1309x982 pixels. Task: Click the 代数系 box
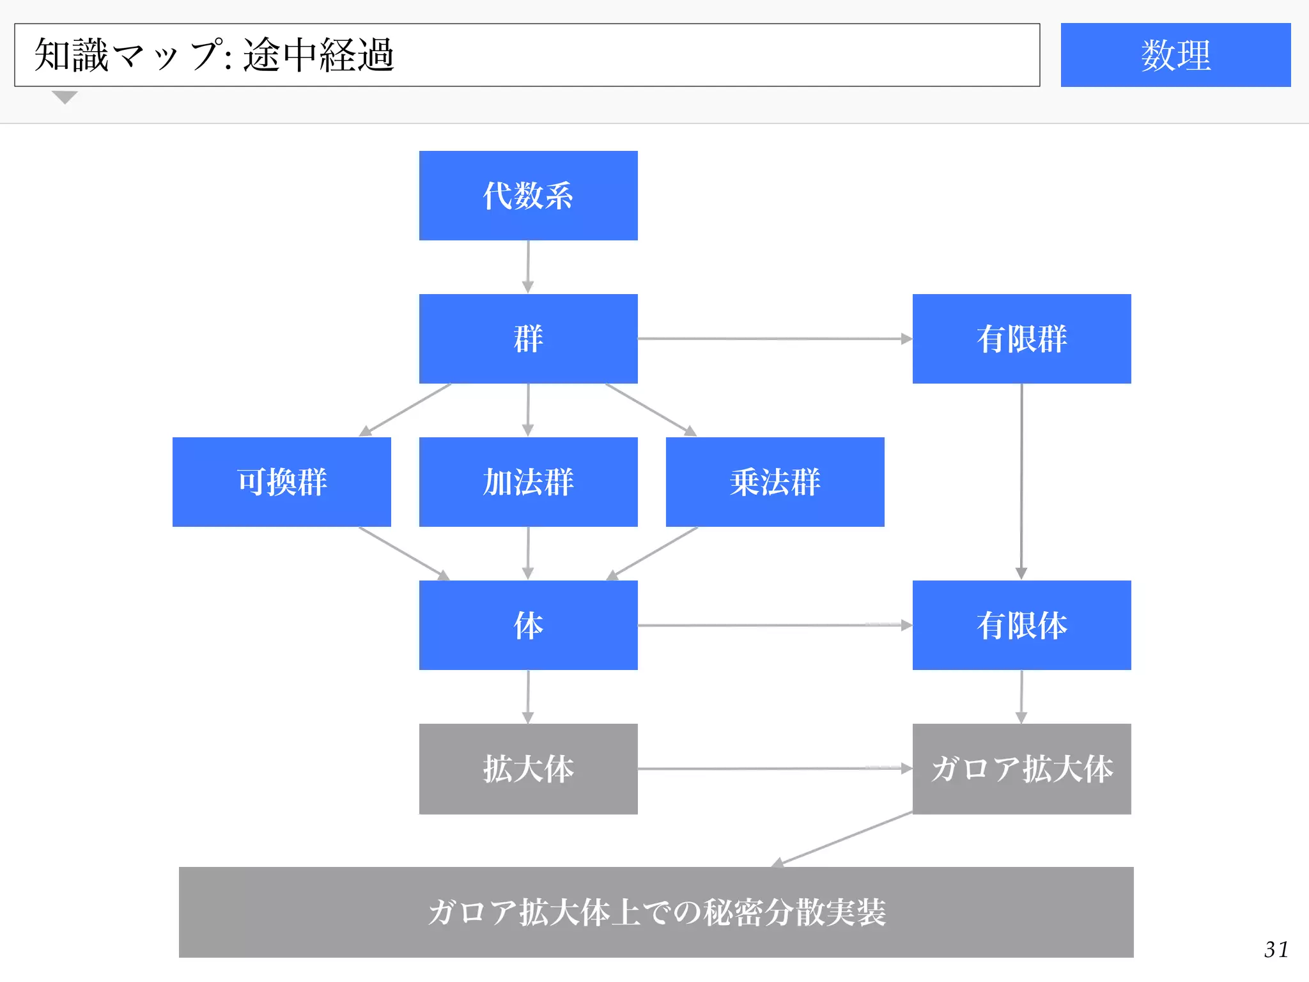pyautogui.click(x=528, y=196)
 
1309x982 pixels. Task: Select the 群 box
pyautogui.click(x=528, y=339)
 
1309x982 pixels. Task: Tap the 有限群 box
pyautogui.click(x=1021, y=339)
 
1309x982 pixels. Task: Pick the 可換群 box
pyautogui.click(x=281, y=482)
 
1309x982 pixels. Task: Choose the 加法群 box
pyautogui.click(x=528, y=482)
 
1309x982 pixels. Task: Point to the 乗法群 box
pyautogui.click(x=775, y=482)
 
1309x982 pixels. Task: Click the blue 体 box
pyautogui.click(x=528, y=625)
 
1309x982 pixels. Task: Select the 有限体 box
pyautogui.click(x=1021, y=625)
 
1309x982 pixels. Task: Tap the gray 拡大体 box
pyautogui.click(x=528, y=768)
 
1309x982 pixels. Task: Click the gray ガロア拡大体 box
pyautogui.click(x=1021, y=768)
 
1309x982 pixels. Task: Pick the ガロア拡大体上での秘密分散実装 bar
pyautogui.click(x=656, y=912)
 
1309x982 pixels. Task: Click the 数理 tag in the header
pyautogui.click(x=1175, y=55)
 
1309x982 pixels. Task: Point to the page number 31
pyautogui.click(x=1276, y=949)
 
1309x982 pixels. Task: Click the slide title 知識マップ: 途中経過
pyautogui.click(x=214, y=55)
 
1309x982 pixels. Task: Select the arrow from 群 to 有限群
pyautogui.click(x=775, y=339)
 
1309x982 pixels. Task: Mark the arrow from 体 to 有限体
pyautogui.click(x=775, y=625)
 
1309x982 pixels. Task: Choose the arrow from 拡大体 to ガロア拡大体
pyautogui.click(x=775, y=768)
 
